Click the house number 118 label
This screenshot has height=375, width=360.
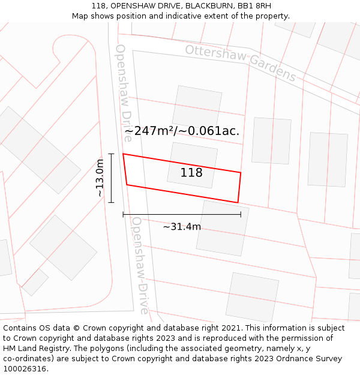click(x=191, y=173)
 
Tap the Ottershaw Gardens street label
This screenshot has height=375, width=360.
click(x=241, y=62)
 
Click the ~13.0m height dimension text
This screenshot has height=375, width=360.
click(x=100, y=178)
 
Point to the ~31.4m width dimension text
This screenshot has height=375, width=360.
click(x=182, y=227)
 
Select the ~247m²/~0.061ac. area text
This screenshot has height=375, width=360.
click(x=182, y=131)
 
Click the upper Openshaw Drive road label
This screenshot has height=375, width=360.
click(x=124, y=92)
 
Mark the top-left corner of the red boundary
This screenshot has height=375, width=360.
click(x=123, y=154)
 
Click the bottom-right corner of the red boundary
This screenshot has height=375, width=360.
click(x=238, y=203)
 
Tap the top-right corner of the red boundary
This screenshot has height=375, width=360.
click(x=241, y=173)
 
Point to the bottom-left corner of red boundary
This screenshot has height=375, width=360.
click(x=127, y=185)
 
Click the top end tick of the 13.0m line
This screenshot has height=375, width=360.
click(x=111, y=154)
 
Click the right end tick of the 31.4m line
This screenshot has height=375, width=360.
click(x=241, y=214)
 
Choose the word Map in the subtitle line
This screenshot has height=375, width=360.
click(x=80, y=16)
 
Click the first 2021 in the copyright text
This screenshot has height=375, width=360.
click(x=231, y=328)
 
